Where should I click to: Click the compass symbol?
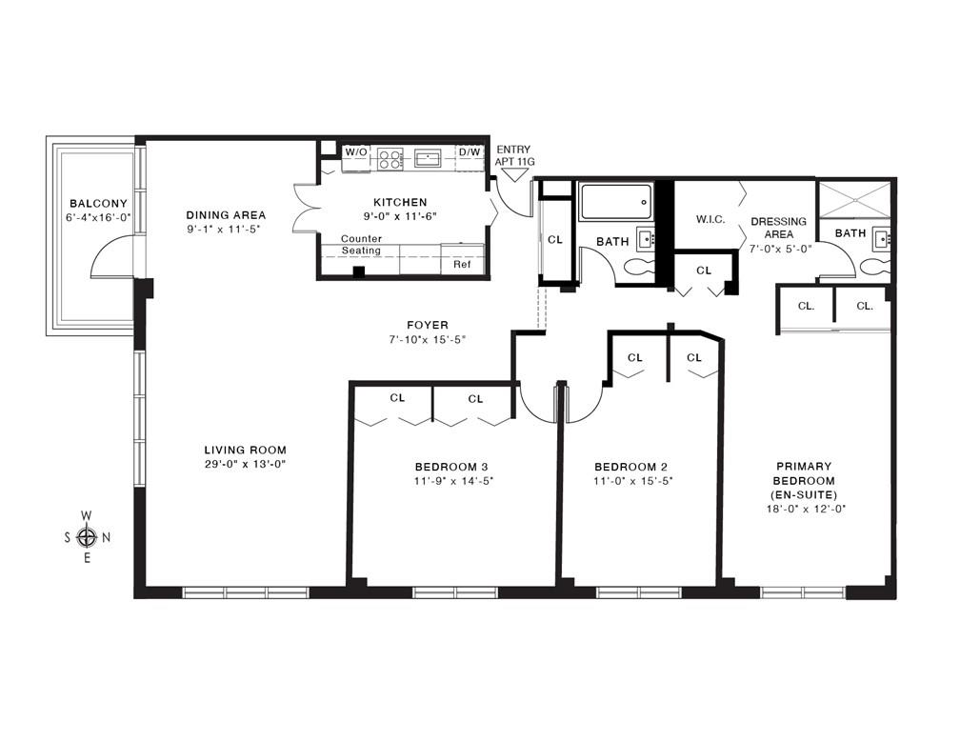87,537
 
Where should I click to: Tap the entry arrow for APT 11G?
513,175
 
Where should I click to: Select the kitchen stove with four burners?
390,158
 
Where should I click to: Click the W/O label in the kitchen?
356,151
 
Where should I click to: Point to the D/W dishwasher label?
469,151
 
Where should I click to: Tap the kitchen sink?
428,158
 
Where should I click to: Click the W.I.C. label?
710,219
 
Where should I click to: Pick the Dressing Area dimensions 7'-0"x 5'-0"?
781,250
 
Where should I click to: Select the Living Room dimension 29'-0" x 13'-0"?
246,464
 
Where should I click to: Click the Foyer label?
428,325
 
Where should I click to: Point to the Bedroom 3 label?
451,467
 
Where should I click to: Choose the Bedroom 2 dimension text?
633,481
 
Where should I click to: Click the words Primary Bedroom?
804,473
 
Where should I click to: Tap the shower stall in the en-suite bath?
855,199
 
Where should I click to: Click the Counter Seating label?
361,244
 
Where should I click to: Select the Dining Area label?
226,215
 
